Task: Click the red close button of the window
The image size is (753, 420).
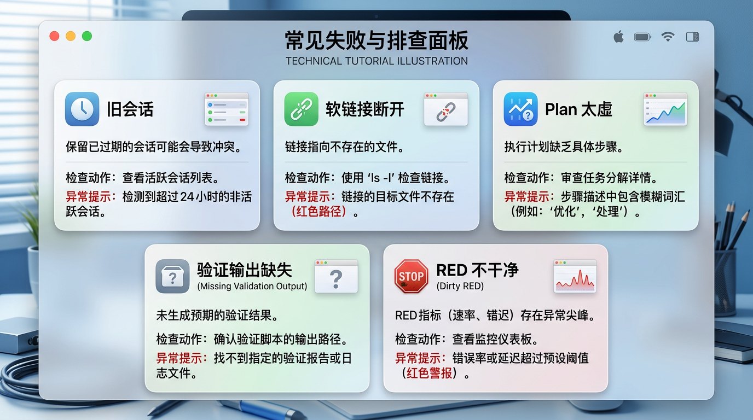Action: point(54,36)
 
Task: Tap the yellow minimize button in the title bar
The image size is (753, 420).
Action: point(71,36)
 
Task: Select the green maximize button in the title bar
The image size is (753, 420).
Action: point(86,36)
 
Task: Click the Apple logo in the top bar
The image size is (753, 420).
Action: point(618,37)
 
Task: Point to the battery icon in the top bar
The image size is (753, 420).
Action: point(642,37)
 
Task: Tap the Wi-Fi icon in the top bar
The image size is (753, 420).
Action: point(668,37)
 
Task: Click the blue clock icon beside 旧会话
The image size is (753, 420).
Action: point(82,109)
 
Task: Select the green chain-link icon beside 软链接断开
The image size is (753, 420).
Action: point(301,109)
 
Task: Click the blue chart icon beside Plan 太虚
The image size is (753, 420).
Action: point(520,109)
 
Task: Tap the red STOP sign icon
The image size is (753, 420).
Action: point(411,276)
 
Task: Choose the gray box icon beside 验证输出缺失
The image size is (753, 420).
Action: point(172,276)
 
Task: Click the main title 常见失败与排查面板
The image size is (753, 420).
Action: point(376,42)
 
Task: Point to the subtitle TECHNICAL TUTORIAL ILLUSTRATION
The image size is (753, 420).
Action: point(376,61)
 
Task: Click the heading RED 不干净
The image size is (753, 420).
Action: point(477,270)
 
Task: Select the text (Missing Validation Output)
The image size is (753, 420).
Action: point(252,286)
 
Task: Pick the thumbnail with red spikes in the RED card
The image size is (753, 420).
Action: point(575,276)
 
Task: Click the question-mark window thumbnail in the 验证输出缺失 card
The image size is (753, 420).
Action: point(336,276)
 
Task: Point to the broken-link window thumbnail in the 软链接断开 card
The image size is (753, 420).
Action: point(445,109)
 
